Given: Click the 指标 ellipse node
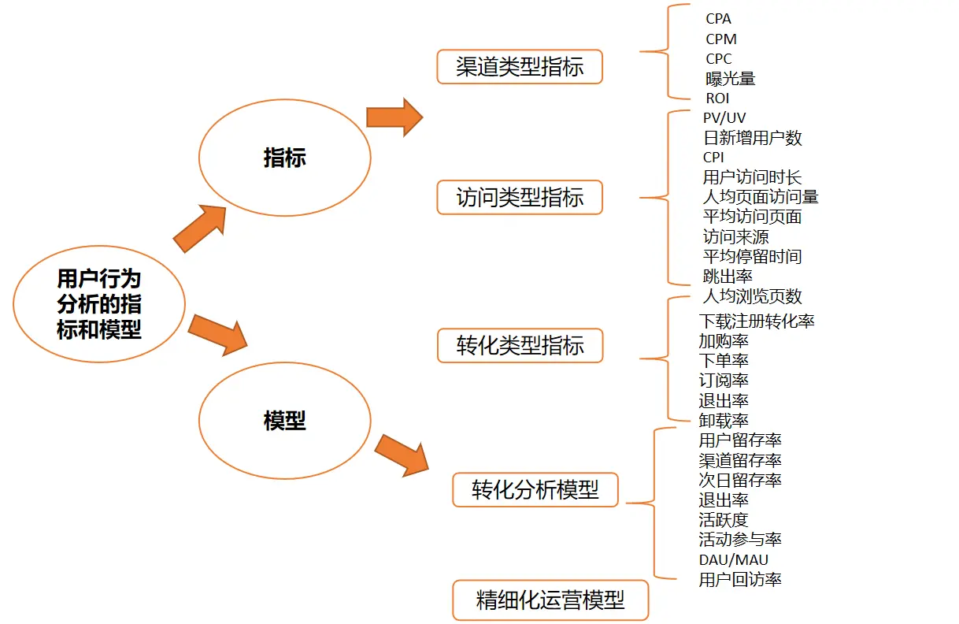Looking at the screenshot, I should (x=284, y=158).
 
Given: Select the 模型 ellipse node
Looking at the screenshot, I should (x=284, y=421).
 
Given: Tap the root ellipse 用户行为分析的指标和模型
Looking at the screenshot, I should (x=99, y=304).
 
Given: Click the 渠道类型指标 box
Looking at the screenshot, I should (x=520, y=67).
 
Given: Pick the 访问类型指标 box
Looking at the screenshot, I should (x=520, y=197).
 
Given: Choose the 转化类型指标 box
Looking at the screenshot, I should (x=520, y=345).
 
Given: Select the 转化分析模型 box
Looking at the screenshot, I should (x=535, y=490).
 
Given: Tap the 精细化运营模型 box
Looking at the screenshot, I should (x=550, y=600).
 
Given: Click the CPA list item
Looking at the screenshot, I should (x=718, y=19).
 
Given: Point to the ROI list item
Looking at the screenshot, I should (x=717, y=98).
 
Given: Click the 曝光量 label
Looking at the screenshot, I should (x=731, y=78).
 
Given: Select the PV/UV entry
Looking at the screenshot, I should (x=724, y=118).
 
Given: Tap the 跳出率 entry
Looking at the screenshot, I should (x=728, y=276).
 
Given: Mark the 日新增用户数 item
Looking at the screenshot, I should (x=752, y=138).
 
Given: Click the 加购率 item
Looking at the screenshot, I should (x=723, y=341).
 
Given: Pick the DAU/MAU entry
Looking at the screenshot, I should (x=733, y=560).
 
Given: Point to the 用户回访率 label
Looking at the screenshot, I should (x=739, y=580).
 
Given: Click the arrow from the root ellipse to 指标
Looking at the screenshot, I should (x=199, y=228).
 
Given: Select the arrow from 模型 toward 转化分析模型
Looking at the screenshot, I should (x=402, y=455).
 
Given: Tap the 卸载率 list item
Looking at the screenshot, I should (x=723, y=420).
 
